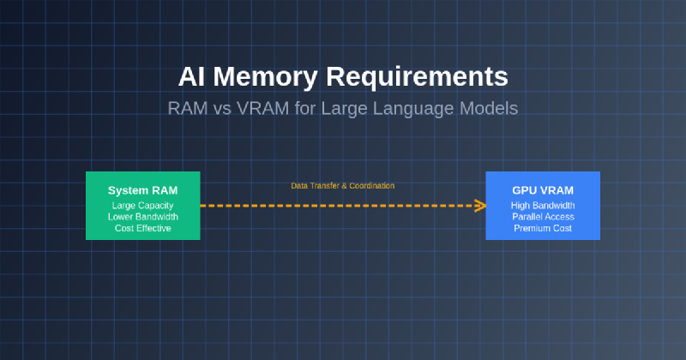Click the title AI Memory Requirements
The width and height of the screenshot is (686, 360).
[x=343, y=76]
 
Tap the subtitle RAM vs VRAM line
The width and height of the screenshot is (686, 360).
[x=343, y=110]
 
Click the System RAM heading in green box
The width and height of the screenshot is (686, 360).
[x=143, y=189]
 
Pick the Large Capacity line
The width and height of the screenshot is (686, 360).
[x=143, y=206]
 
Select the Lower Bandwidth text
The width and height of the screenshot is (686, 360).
[x=143, y=217]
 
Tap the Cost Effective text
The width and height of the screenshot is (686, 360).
[x=143, y=229]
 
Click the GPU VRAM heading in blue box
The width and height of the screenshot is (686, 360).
[x=543, y=189]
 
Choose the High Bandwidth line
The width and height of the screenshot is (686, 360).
[x=543, y=206]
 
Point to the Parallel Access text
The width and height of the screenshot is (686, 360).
[x=543, y=217]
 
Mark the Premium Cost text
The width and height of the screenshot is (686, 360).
[x=543, y=229]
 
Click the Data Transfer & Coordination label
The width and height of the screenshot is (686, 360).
[x=343, y=185]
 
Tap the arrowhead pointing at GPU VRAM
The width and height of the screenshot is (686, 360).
[x=481, y=206]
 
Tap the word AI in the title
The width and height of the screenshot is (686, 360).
[x=190, y=76]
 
